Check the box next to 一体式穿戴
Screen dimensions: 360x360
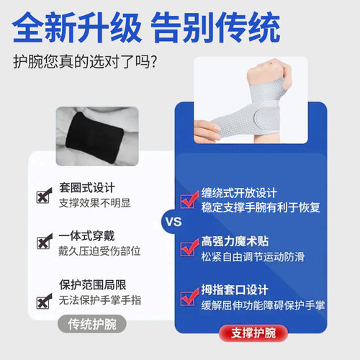(43, 243)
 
